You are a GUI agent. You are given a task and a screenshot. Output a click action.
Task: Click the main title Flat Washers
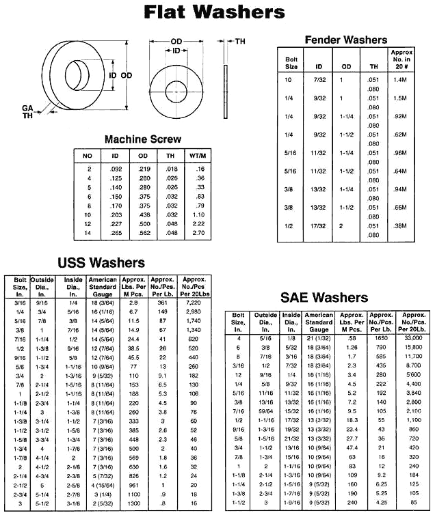pyautogui.click(x=214, y=13)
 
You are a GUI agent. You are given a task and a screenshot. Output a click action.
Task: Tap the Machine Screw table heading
pyautogui.click(x=142, y=139)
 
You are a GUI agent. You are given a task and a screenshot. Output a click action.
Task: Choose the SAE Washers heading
pyautogui.click(x=324, y=297)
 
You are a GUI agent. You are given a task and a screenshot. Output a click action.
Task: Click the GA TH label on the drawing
pyautogui.click(x=27, y=111)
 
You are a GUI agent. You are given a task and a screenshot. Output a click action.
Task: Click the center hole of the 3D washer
pyautogui.click(x=76, y=74)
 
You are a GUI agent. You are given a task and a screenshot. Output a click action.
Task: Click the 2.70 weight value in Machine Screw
pyautogui.click(x=199, y=233)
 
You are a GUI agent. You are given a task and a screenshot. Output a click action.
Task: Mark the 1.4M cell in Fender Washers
pyautogui.click(x=400, y=80)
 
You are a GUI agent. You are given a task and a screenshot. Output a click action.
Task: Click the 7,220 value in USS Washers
pyautogui.click(x=194, y=301)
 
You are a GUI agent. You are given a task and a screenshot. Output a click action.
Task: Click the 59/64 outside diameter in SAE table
pyautogui.click(x=263, y=412)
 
